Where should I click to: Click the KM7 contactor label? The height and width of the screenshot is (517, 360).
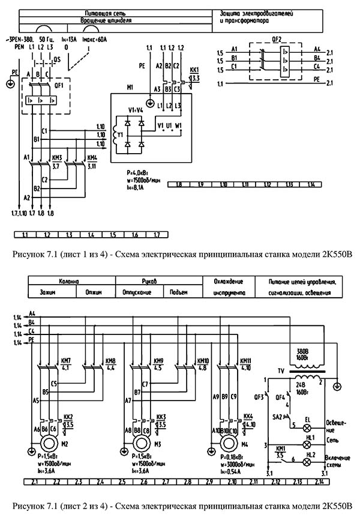(x=65, y=361)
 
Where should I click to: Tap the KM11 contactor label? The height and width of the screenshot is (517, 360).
(x=246, y=361)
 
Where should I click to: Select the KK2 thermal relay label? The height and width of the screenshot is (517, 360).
(x=68, y=416)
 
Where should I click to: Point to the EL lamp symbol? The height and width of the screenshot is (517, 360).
(x=309, y=428)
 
